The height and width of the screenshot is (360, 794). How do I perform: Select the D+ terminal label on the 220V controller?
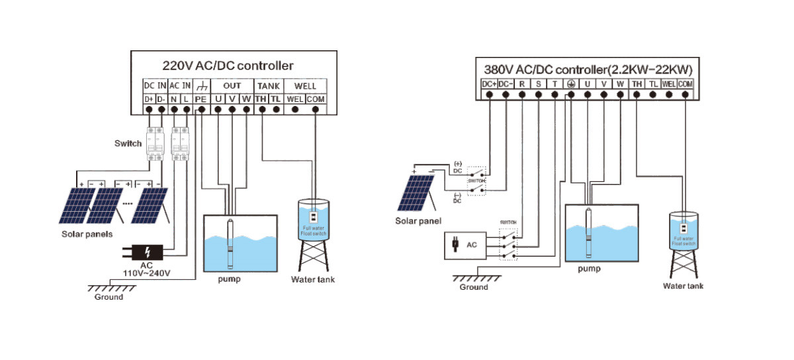tap(150, 99)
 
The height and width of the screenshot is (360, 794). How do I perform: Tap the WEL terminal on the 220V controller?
tap(295, 99)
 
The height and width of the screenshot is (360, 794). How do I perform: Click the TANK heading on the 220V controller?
tap(269, 86)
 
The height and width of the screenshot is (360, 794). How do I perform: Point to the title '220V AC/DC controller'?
tap(228, 66)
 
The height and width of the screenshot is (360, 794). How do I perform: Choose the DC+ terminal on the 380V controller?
tap(489, 84)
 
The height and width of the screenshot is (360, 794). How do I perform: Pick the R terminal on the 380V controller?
tap(522, 84)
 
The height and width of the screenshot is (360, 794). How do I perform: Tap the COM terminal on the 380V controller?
tap(685, 84)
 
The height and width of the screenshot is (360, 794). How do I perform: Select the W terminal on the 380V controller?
tap(619, 84)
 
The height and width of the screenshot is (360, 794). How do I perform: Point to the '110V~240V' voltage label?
tap(148, 273)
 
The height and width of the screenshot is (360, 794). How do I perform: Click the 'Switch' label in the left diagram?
tap(128, 143)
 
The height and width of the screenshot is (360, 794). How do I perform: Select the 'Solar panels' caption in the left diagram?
tap(87, 234)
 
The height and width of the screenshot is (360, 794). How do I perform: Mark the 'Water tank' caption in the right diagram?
tap(683, 286)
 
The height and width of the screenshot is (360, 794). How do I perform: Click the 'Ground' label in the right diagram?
tap(474, 287)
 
